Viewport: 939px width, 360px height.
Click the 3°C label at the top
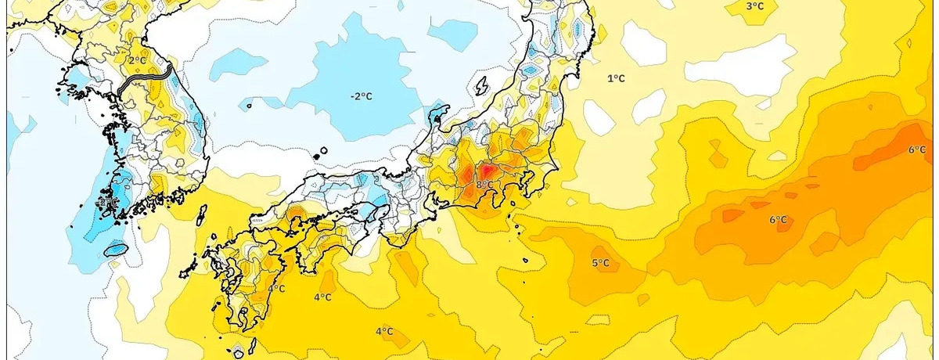tap(754, 6)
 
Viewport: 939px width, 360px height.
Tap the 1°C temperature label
tap(617, 78)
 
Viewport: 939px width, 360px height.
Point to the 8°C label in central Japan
tap(484, 185)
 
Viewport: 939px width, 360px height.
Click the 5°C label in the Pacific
tap(600, 263)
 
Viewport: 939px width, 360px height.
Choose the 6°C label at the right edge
tap(917, 149)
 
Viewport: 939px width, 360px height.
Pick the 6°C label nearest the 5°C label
tap(778, 220)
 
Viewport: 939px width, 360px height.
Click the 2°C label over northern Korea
tap(137, 60)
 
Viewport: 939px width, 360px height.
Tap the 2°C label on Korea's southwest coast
tap(106, 203)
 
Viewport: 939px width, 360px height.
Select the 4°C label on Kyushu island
tap(276, 289)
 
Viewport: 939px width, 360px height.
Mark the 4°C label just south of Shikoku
tap(322, 297)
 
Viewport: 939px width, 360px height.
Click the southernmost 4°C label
tap(383, 332)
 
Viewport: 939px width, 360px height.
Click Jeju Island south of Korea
tap(115, 250)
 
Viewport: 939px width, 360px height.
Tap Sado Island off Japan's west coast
tap(482, 85)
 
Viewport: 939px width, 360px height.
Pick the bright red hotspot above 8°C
tap(486, 170)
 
